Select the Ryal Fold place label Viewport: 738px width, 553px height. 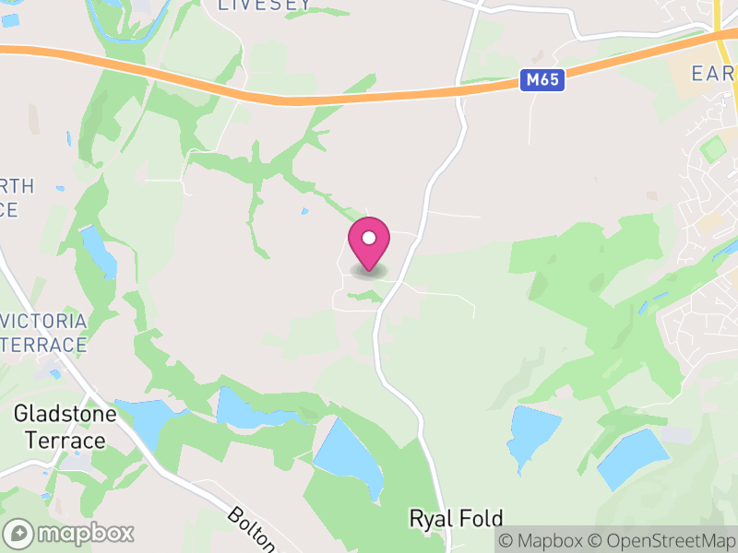coord(456,519)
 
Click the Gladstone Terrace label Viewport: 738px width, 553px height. coord(65,427)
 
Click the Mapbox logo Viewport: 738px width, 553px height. coord(70,533)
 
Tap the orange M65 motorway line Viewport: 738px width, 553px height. coord(277,92)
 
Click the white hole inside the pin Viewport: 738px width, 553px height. coord(369,238)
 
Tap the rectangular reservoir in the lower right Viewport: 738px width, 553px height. coord(633,458)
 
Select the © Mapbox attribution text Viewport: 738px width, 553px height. coord(543,540)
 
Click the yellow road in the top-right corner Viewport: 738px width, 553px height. coord(720,23)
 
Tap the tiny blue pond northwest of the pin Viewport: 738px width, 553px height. coord(304,211)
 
